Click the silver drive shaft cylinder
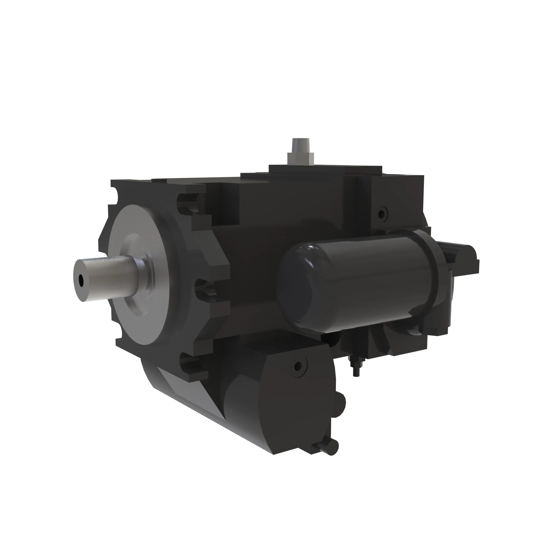(110, 276)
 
